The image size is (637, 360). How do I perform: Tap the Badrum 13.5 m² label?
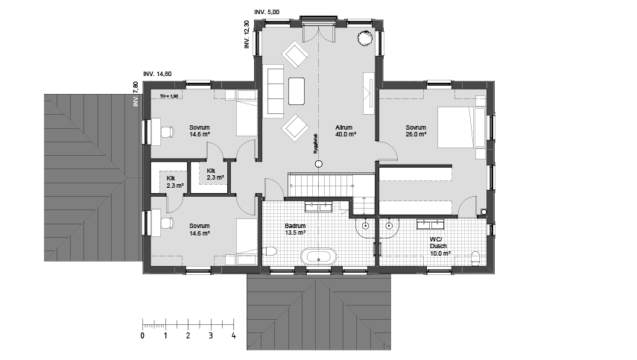[295, 229]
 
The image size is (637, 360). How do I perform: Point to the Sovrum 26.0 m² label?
[416, 131]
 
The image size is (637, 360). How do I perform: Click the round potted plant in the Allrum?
[364, 39]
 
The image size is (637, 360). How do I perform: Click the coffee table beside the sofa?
[297, 91]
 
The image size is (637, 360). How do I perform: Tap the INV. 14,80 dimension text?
[157, 74]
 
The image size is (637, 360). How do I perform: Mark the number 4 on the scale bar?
[234, 336]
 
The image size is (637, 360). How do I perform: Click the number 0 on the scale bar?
[142, 336]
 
